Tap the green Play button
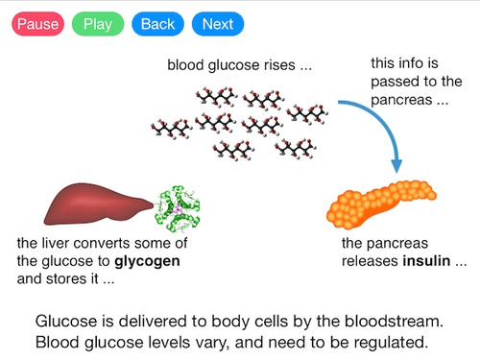click(97, 24)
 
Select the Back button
click(156, 24)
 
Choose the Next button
click(217, 24)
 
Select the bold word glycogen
click(147, 261)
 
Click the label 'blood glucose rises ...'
click(239, 67)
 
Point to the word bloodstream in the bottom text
click(384, 321)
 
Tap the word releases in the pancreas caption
click(372, 261)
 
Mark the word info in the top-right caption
click(416, 64)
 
